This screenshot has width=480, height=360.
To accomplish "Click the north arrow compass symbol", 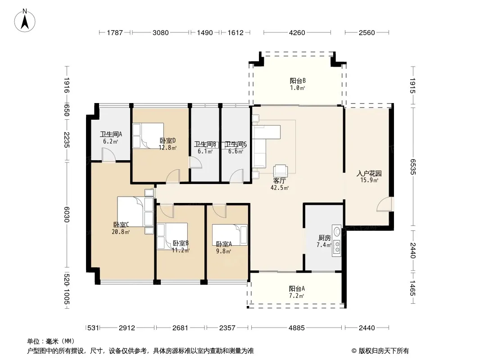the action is coord(25,21).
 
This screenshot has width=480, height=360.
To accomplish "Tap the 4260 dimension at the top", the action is coord(297,32).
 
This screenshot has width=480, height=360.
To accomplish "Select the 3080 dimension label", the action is coord(160,32).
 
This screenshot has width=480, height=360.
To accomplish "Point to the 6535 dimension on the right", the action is coord(412,166).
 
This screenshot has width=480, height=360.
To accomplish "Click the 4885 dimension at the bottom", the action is coord(297,328).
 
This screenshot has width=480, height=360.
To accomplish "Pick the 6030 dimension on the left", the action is coord(67,214).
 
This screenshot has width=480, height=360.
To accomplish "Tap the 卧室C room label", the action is coord(121,225).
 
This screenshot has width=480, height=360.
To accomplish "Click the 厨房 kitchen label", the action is coord(325,238).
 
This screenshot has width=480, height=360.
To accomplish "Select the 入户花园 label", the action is coord(369,173).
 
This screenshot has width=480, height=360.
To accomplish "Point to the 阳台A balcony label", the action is coord(297,288).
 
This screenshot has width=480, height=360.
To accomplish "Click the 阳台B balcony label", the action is coord(298,81).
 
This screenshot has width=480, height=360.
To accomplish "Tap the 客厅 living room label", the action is coord(279,181).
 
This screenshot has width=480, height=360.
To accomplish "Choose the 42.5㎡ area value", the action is coord(280,188).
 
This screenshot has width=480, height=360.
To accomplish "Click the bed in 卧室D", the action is coord(148,136).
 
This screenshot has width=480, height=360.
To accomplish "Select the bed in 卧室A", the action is coord(230,235).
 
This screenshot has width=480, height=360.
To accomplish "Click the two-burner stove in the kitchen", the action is coord(337,247).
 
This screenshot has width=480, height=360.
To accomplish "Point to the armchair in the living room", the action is coord(281,170).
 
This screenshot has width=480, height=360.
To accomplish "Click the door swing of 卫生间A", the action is coord(109,154).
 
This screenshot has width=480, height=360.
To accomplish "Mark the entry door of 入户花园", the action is coord(385,204).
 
